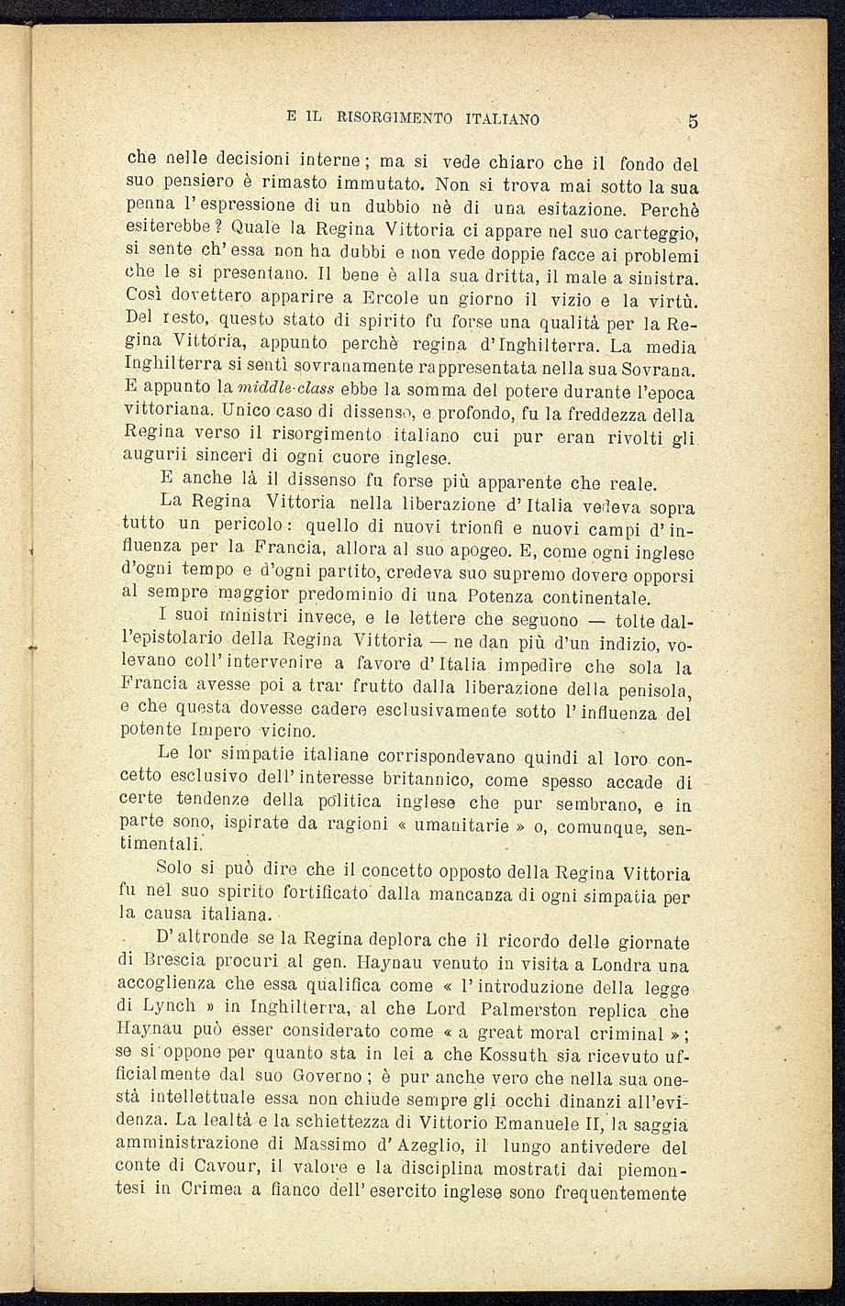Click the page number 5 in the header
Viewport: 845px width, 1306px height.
694,120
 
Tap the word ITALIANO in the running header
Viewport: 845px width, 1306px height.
502,119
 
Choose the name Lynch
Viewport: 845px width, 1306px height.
148,1007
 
